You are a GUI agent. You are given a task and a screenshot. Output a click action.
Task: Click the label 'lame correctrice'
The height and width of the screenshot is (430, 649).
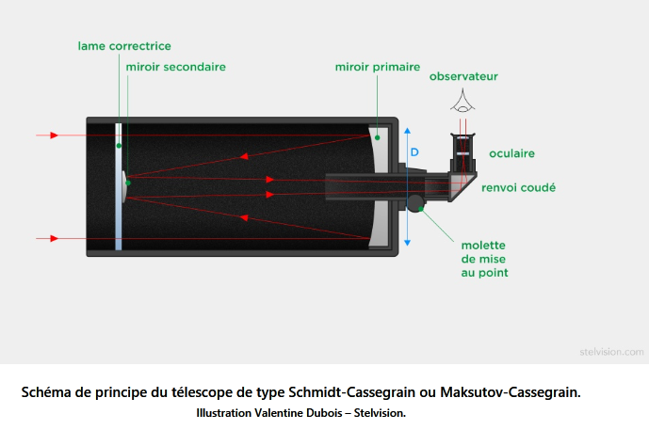124,46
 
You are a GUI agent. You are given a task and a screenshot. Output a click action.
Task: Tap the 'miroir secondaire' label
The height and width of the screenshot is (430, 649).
176,67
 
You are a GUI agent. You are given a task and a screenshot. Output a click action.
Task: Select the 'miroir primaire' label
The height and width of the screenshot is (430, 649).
378,67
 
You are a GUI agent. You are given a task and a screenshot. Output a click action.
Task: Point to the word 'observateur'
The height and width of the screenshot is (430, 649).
463,76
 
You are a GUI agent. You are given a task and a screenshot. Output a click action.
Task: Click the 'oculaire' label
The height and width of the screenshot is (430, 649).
512,153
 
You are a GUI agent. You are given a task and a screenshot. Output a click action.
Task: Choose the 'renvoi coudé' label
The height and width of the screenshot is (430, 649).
518,187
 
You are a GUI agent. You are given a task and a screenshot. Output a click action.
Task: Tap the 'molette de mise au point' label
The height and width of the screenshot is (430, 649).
485,259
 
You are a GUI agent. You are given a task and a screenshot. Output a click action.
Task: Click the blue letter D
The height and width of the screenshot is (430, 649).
414,152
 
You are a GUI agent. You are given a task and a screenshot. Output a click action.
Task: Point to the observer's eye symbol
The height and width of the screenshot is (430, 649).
462,102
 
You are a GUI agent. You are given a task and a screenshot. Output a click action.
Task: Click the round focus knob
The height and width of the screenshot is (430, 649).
414,203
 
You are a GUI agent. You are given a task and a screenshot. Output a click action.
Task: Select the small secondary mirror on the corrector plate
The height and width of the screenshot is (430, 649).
124,186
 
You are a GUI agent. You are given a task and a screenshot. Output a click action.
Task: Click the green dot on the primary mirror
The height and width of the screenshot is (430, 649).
377,137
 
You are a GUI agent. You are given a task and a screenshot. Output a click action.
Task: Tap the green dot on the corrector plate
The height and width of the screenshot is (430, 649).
119,146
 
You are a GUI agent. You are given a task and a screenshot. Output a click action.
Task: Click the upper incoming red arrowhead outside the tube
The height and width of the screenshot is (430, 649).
55,135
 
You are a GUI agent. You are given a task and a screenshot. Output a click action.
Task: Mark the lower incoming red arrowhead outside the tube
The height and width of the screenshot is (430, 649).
55,239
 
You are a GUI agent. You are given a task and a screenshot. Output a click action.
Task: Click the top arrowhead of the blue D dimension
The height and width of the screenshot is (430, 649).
407,131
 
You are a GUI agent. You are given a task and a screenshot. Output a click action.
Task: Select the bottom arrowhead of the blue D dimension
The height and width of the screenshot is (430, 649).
407,243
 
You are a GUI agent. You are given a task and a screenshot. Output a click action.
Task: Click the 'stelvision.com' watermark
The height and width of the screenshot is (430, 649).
611,352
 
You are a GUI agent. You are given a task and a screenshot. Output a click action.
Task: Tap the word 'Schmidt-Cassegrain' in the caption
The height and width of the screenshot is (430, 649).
352,392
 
